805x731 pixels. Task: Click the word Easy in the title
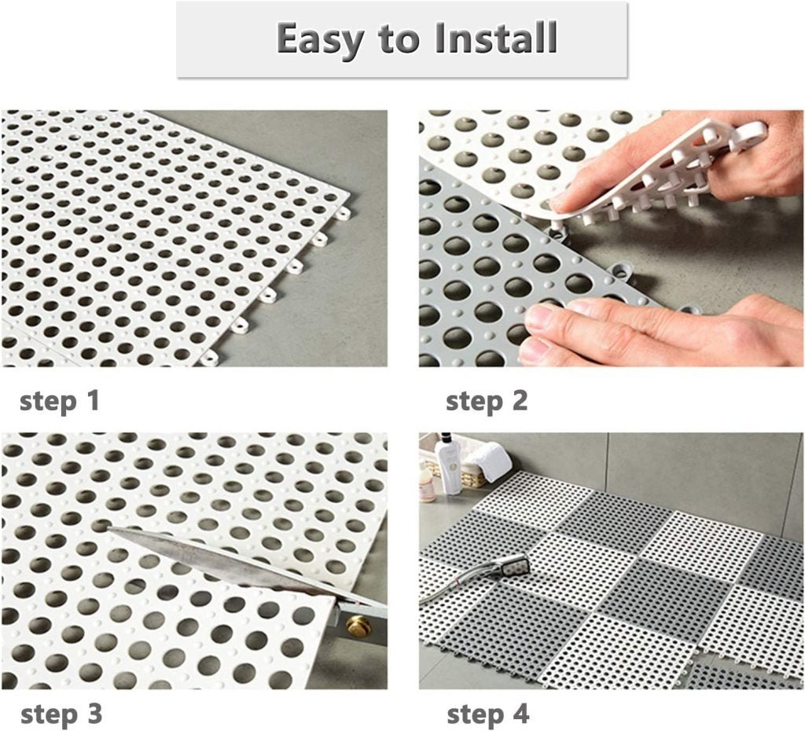click(321, 39)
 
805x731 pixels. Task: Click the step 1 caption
click(60, 401)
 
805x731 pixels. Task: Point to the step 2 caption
click(487, 401)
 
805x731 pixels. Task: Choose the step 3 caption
click(61, 714)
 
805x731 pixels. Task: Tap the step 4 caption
click(487, 714)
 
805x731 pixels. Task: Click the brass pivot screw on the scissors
click(358, 626)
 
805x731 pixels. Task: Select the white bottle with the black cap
click(449, 467)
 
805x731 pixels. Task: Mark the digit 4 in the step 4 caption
click(520, 714)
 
